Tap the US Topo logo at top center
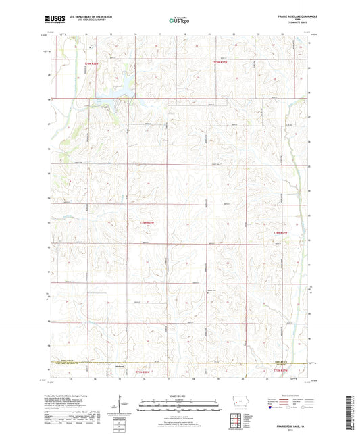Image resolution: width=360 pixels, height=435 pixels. coord(179,20)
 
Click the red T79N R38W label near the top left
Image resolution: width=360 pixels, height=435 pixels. coord(91,63)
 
